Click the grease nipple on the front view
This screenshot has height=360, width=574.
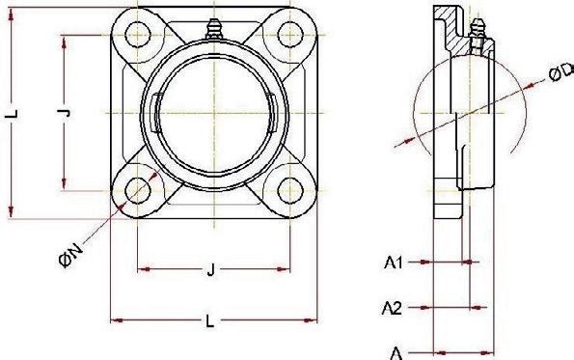coord(214,29)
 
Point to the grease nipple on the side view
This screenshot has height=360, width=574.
coord(477,29)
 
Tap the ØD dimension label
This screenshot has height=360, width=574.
coord(561,71)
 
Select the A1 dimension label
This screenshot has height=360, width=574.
coord(394,263)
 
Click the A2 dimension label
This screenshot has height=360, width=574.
coord(392,308)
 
